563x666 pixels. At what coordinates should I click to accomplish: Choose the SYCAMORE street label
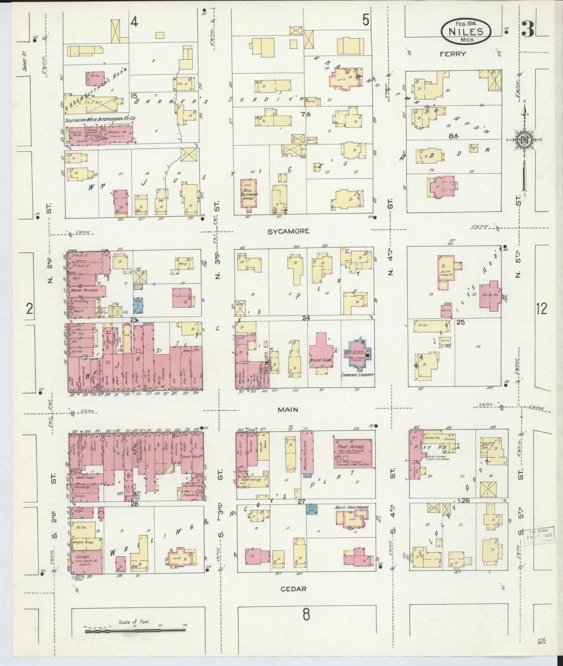click(288, 231)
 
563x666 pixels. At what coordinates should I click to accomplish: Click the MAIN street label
click(288, 409)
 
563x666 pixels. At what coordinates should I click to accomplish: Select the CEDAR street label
click(293, 589)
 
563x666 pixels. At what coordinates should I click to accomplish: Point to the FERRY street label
click(453, 54)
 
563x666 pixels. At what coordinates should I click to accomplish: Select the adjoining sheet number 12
click(541, 309)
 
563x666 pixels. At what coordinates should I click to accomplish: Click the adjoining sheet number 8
click(306, 615)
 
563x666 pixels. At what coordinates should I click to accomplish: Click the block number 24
click(305, 318)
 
